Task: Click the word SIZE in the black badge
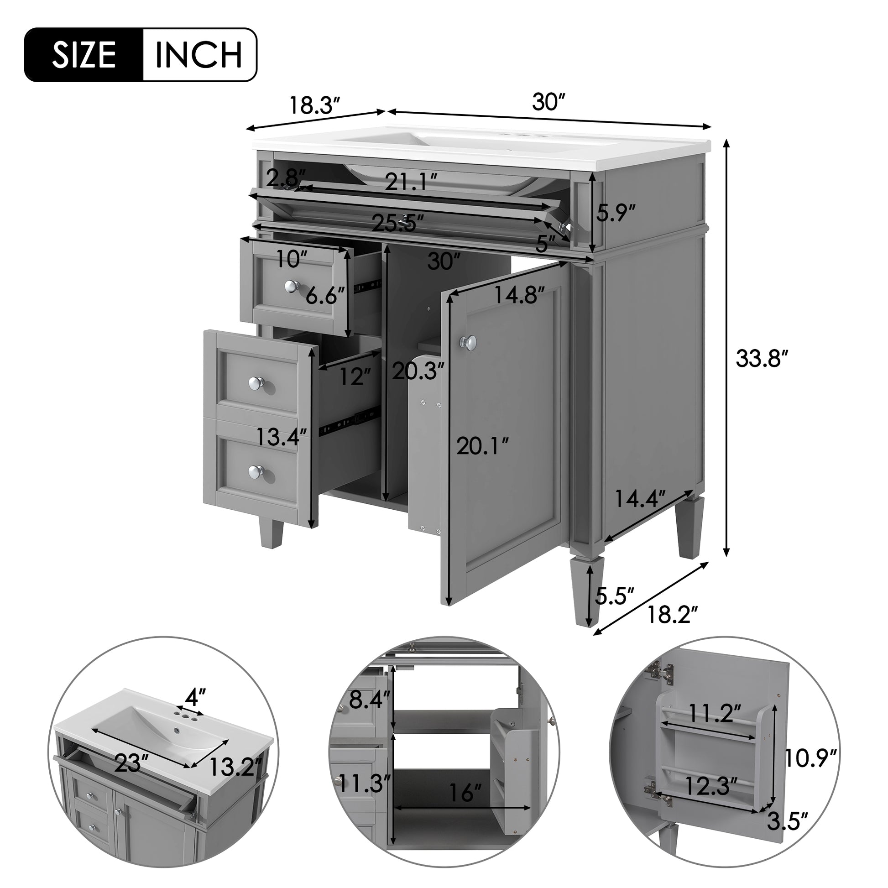pyautogui.click(x=84, y=55)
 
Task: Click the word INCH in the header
pyautogui.click(x=199, y=55)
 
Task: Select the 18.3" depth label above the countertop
pyautogui.click(x=314, y=106)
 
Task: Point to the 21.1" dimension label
pyautogui.click(x=411, y=182)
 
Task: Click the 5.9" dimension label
pyautogui.click(x=616, y=213)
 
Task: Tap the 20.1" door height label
pyautogui.click(x=483, y=445)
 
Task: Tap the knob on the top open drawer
pyautogui.click(x=291, y=287)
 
